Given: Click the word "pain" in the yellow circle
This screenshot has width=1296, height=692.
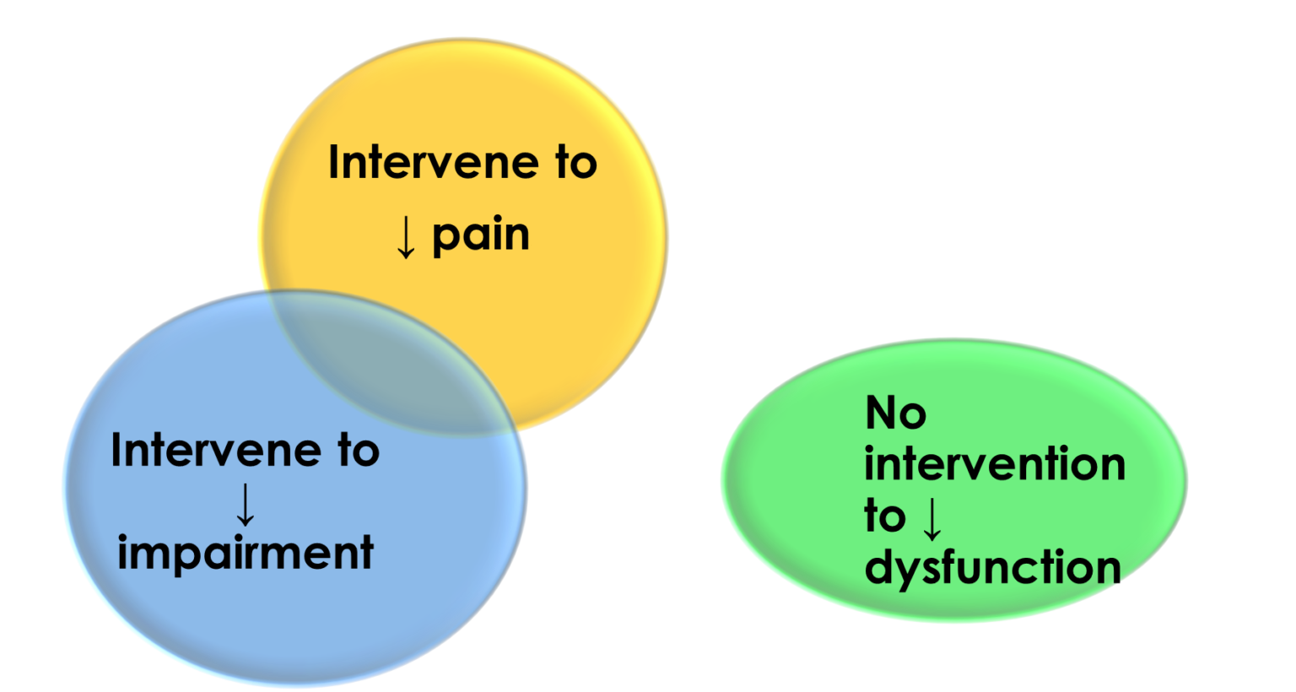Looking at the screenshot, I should coord(481,235).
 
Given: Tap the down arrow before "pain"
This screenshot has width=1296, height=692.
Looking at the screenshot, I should coord(406,238).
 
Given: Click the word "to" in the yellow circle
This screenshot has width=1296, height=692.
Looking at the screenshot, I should coord(575,162).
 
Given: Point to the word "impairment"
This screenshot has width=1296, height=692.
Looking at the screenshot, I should coord(246,554).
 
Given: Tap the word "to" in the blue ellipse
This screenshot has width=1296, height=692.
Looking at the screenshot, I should coord(359,451).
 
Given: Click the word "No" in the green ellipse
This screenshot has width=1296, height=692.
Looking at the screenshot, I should coord(895,414).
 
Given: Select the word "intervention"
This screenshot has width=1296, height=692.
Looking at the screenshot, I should coord(995,465).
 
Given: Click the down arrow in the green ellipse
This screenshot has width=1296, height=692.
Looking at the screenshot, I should coord(931,517).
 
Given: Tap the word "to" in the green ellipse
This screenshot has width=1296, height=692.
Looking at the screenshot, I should coord(884,516).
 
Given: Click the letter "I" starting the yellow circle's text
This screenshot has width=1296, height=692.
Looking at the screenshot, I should coord(333,162).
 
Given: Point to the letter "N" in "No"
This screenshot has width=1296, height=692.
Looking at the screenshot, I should coord(881,414).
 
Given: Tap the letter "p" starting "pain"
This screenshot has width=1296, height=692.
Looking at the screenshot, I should coord(446,239).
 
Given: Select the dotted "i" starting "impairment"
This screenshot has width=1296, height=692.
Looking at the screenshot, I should coord(123,553).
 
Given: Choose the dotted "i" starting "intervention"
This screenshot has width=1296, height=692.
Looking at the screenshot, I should coord(870,464).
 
